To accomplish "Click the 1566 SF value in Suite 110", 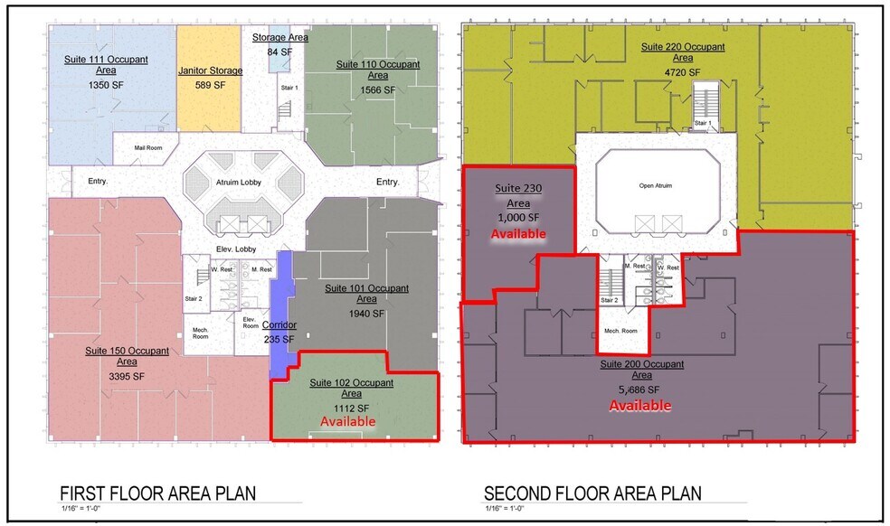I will click(x=378, y=89).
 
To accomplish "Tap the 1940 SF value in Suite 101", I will click(x=366, y=314).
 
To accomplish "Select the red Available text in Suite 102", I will click(x=347, y=421).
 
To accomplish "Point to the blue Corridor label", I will click(x=279, y=324).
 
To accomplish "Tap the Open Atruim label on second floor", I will click(x=655, y=186).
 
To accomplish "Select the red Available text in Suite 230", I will click(x=518, y=233).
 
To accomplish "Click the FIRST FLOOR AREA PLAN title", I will click(x=157, y=493).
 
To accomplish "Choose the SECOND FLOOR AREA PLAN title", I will click(x=592, y=493).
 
